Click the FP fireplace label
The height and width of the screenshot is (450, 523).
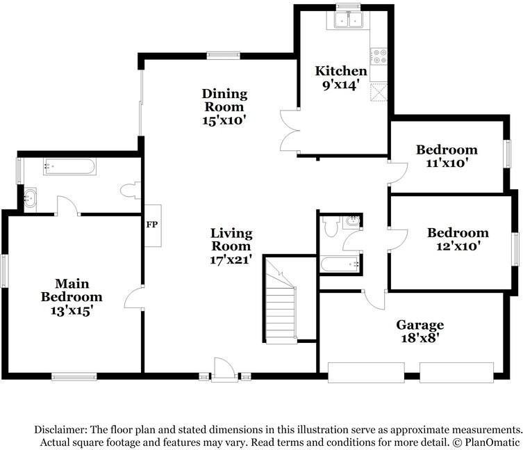[152, 225]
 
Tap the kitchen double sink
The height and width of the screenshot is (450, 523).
[349, 19]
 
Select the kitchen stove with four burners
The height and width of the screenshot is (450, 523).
[379, 56]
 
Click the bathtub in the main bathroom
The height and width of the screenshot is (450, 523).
[69, 166]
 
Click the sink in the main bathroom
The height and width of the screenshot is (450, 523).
[30, 198]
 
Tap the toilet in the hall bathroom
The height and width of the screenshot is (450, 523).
[331, 226]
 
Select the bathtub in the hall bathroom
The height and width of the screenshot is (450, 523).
[340, 264]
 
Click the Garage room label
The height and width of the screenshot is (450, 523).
[420, 326]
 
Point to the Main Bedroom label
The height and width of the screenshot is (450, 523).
[72, 290]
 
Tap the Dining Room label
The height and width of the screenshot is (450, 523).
[224, 100]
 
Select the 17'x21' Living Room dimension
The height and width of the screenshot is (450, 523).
[231, 259]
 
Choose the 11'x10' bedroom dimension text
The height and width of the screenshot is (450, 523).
[447, 163]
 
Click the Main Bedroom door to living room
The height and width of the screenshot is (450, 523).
[134, 298]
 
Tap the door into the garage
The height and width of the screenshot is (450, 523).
[375, 299]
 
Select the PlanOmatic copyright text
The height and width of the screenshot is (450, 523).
[486, 442]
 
